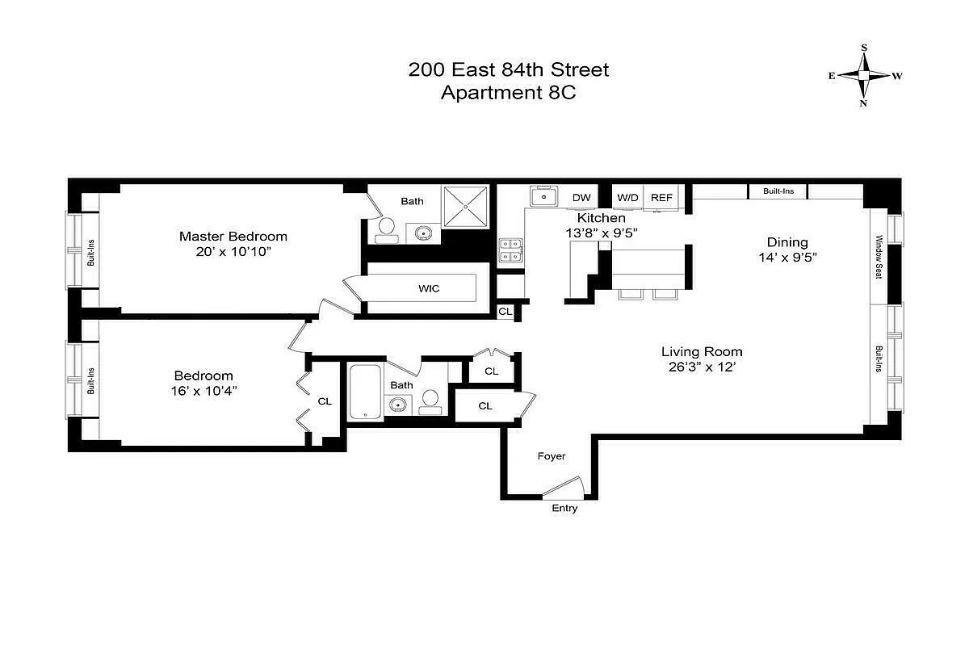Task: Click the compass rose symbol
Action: pyautogui.click(x=864, y=76)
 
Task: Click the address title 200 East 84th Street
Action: pyautogui.click(x=508, y=69)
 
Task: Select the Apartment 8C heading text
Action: pyautogui.click(x=508, y=92)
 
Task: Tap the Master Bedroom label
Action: pyautogui.click(x=233, y=237)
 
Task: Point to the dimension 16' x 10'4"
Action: pyautogui.click(x=203, y=391)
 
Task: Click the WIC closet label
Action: pyautogui.click(x=429, y=288)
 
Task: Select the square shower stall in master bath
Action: pyautogui.click(x=467, y=206)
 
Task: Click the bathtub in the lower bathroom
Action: pyautogui.click(x=366, y=391)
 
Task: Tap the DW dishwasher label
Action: pyautogui.click(x=581, y=198)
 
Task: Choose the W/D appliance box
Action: pyautogui.click(x=627, y=198)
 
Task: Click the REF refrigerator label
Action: pyautogui.click(x=661, y=198)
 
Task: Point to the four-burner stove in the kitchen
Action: pyautogui.click(x=510, y=250)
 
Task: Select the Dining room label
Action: pyautogui.click(x=787, y=242)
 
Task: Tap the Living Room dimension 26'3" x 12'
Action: pyautogui.click(x=701, y=367)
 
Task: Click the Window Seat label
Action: pyautogui.click(x=879, y=257)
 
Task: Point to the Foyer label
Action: pyautogui.click(x=552, y=456)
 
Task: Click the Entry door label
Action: pyautogui.click(x=564, y=509)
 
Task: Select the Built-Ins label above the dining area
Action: pyautogui.click(x=777, y=191)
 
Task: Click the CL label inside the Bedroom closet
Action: pyautogui.click(x=325, y=401)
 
